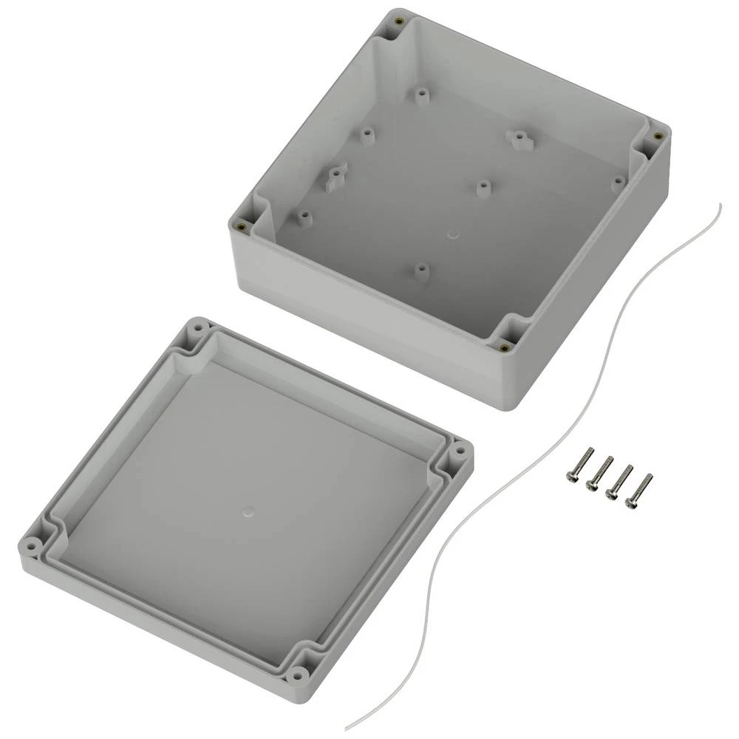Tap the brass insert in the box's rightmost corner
tap(657, 135)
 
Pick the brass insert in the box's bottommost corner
tap(504, 347)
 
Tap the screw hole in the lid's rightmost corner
tap(458, 449)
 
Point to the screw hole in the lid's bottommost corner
tap(297, 673)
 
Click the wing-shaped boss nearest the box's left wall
tap(336, 174)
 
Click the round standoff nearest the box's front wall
tap(420, 270)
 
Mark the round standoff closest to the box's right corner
tap(618, 180)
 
